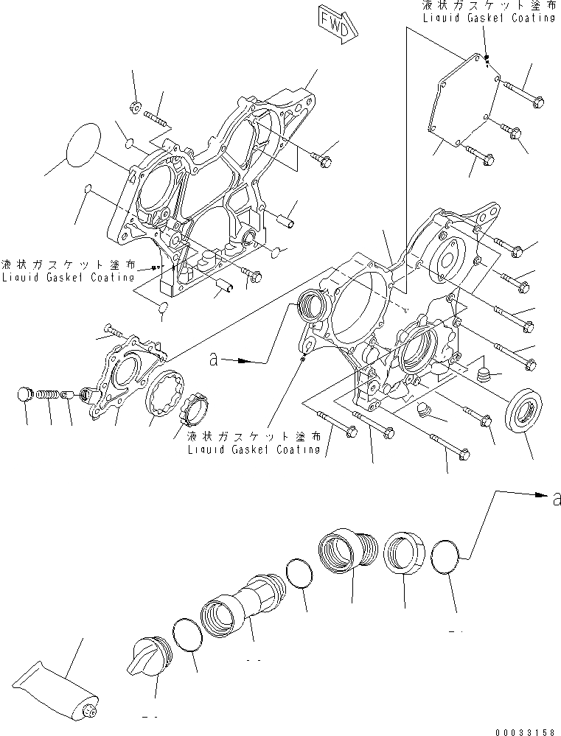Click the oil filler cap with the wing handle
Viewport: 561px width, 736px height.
150,651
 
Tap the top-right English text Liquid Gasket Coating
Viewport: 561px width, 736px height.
489,18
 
